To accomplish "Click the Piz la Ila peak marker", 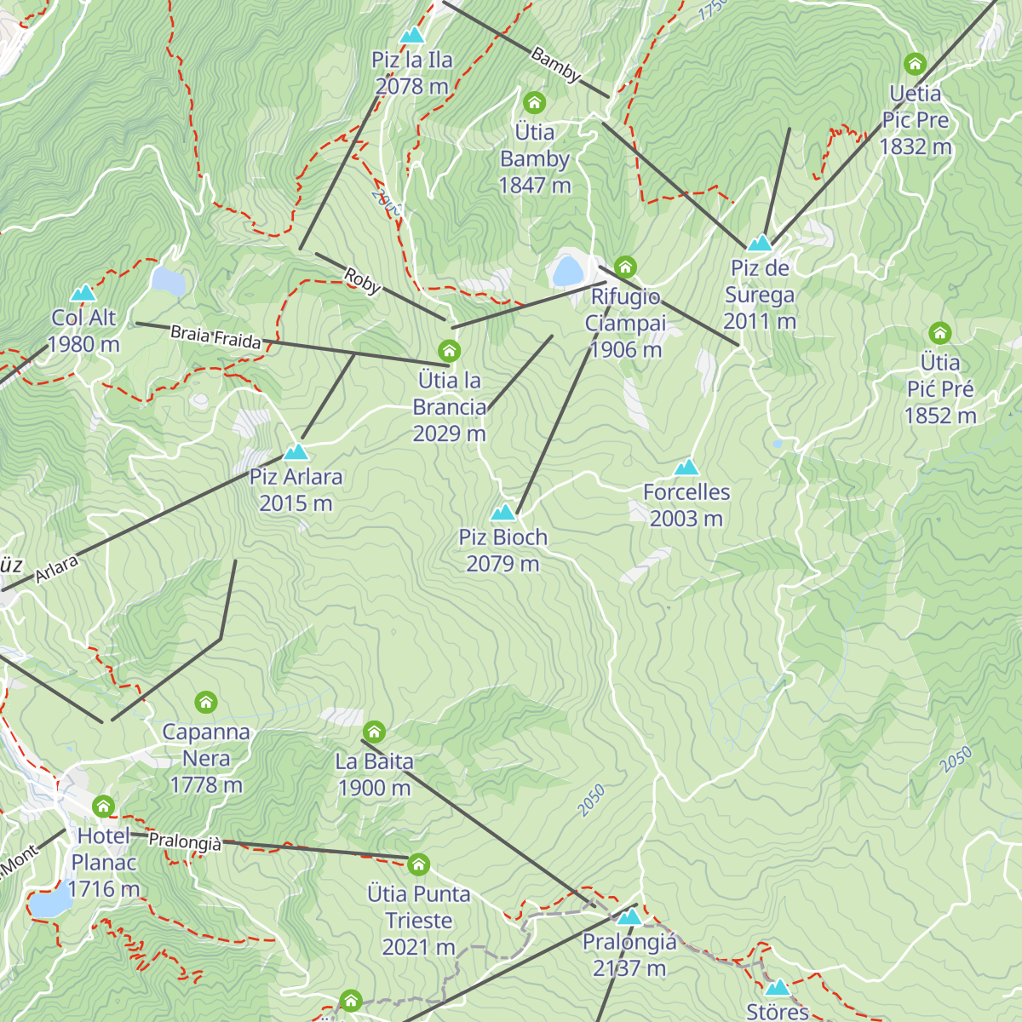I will click(412, 35).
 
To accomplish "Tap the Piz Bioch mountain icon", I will click(503, 512).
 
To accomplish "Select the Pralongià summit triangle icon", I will click(629, 916).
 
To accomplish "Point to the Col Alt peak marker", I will click(83, 293).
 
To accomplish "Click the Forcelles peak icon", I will click(686, 467).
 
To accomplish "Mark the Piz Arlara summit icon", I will click(296, 451).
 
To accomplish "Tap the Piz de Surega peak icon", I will click(759, 243).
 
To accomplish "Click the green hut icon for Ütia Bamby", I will click(534, 103).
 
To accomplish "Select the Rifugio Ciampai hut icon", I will click(625, 267).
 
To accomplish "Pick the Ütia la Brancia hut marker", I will click(449, 351).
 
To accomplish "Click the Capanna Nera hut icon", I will click(206, 703).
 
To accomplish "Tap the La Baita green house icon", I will click(374, 732).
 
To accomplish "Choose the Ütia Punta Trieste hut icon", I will click(418, 864).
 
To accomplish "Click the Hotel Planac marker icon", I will click(103, 807).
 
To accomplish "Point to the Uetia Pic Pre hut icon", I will click(915, 64).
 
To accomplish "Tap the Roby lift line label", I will click(363, 281).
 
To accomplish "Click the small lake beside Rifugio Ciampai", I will click(566, 271).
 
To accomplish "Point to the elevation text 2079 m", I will click(502, 564).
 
